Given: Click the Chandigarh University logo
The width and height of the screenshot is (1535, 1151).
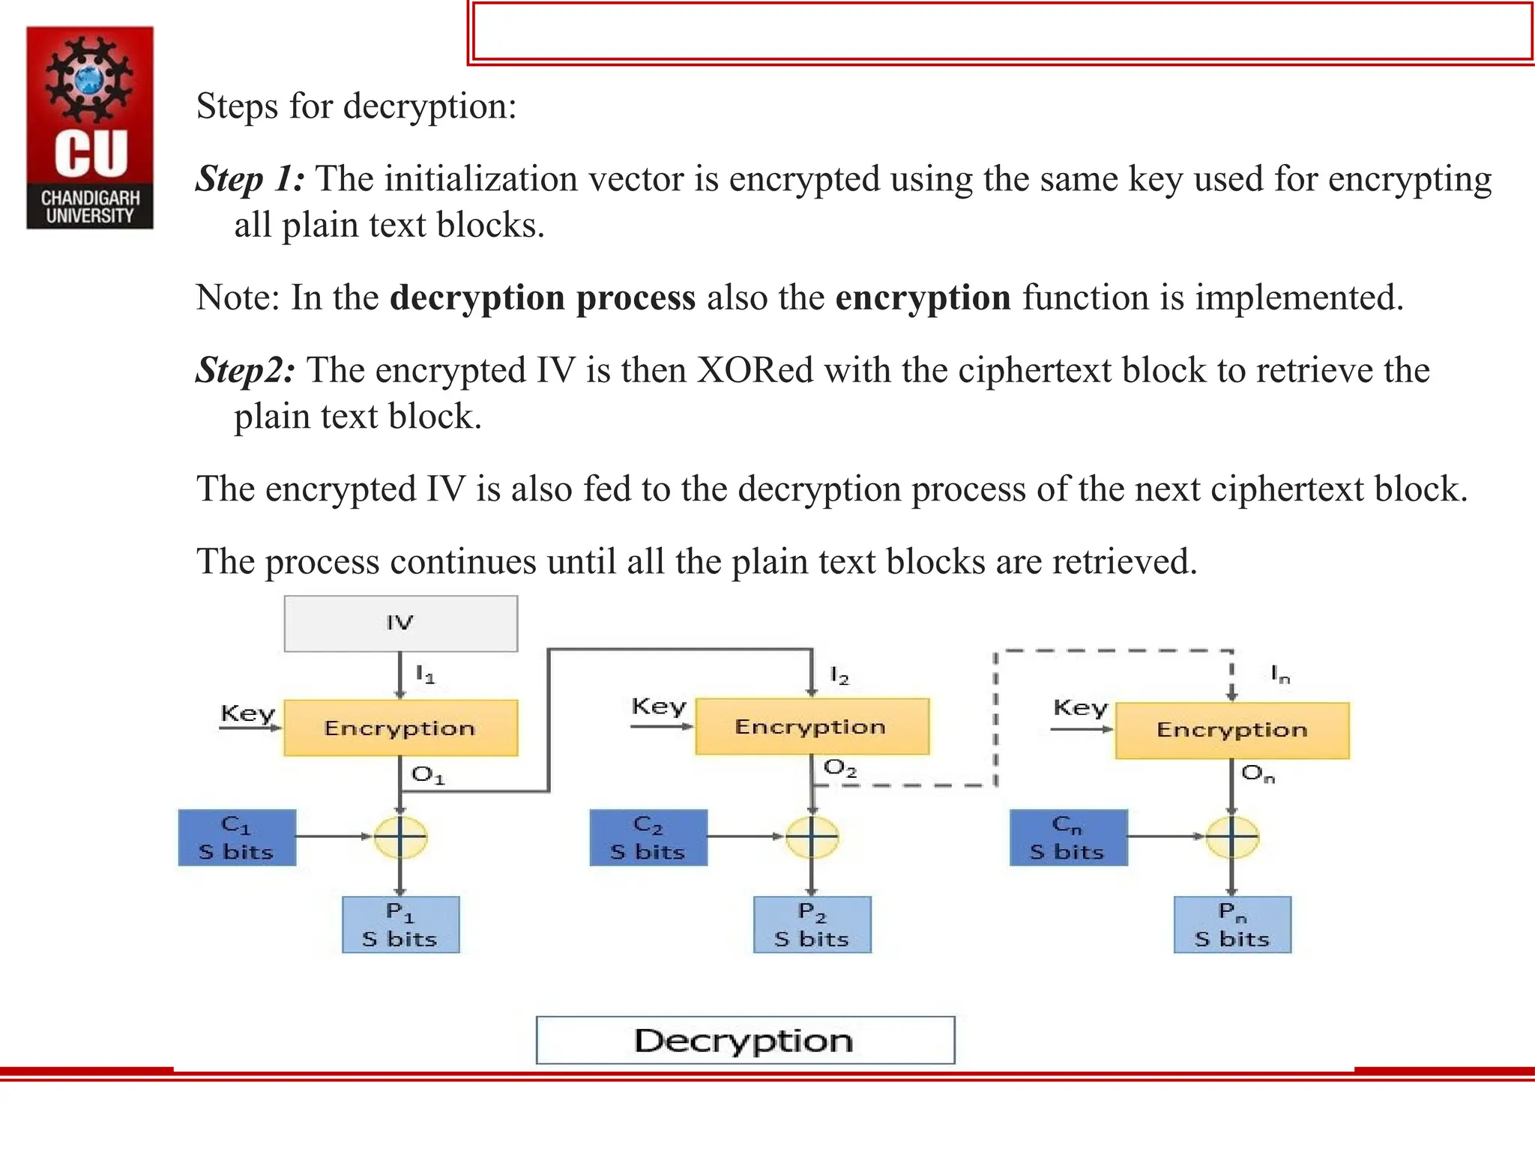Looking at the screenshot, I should pos(90,127).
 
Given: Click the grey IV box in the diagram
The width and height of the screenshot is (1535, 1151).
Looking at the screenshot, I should pos(400,623).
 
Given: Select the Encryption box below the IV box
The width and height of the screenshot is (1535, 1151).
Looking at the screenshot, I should pos(400,728).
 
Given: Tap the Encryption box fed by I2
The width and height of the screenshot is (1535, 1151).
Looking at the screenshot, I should pos(812,726).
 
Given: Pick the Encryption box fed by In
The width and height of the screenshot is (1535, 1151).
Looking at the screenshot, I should pos(1232,730).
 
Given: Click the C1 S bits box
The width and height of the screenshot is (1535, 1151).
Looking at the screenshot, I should pos(237,838).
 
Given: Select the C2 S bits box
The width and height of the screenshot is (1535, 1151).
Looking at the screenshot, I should pos(648,838).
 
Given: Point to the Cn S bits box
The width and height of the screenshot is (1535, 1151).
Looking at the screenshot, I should pos(1068,838).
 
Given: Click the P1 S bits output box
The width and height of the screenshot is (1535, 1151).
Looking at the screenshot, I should pos(400,925).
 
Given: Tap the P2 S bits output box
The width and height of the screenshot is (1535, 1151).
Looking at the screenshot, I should pos(812,925).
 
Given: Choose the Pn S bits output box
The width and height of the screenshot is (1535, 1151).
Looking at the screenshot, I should pos(1232,925).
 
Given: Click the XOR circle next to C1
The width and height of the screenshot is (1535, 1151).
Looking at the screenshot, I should pos(400,837).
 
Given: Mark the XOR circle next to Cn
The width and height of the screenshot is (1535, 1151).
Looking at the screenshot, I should pos(1232,837).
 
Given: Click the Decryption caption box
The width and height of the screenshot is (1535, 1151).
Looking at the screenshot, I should pos(745,1040).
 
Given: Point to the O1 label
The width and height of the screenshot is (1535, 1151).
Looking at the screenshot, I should pos(428,775).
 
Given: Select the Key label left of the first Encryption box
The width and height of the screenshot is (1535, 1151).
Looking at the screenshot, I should pos(247,713).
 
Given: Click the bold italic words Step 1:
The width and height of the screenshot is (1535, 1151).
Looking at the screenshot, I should pos(250,179).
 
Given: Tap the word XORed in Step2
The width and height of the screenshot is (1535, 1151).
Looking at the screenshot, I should pos(755,370).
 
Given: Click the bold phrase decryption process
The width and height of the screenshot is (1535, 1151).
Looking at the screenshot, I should pos(543,297).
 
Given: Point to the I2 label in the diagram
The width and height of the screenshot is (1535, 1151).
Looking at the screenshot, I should pos(839,676).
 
